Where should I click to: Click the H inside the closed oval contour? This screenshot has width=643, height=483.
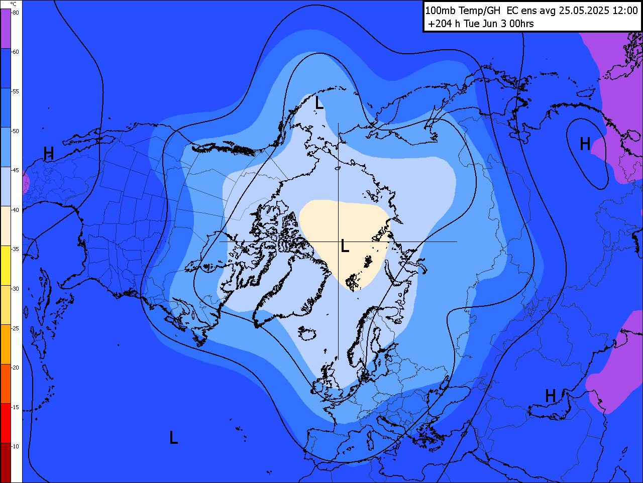(585, 145)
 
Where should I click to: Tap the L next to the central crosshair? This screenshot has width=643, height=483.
(345, 246)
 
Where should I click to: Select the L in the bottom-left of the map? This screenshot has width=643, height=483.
(173, 438)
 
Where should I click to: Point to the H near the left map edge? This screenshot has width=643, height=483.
(48, 154)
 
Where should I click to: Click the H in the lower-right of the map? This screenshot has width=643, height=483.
(551, 396)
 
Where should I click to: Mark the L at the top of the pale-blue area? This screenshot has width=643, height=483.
(319, 103)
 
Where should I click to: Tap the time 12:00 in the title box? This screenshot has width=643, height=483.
(625, 11)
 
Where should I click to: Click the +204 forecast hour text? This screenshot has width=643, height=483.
(440, 24)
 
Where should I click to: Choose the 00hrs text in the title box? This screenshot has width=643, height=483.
(521, 24)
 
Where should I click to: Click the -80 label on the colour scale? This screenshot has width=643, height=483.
(16, 13)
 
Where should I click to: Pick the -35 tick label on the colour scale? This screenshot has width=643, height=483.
(16, 249)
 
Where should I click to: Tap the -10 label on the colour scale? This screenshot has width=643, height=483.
(16, 446)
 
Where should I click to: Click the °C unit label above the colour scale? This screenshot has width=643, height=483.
(13, 4)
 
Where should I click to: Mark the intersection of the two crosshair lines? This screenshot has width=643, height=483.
(338, 241)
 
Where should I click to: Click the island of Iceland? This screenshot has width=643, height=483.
(307, 332)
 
